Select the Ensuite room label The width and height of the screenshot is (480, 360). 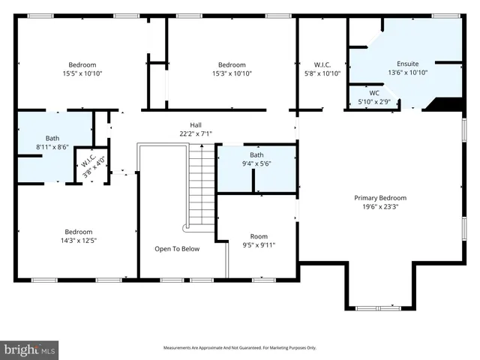coord(408,64)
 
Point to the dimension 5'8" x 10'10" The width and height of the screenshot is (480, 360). coord(323,73)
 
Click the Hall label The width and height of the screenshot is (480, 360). coord(195,125)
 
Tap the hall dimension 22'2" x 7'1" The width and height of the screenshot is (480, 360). coord(195,134)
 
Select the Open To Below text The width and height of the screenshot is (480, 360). coord(177,249)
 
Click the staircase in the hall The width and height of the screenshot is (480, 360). coord(196,187)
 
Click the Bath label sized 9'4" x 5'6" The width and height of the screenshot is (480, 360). coord(256,154)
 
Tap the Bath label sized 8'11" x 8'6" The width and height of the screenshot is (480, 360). coord(52,138)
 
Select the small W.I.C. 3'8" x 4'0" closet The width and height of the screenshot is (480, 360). coord(93,163)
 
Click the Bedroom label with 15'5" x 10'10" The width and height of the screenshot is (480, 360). coord(82,64)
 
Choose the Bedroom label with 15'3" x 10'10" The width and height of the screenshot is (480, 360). coord(232,64)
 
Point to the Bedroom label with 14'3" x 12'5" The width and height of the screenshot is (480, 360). coord(78,231)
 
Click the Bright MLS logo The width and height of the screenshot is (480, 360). coord(30,349)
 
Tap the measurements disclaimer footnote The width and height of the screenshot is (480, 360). coord(240,348)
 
